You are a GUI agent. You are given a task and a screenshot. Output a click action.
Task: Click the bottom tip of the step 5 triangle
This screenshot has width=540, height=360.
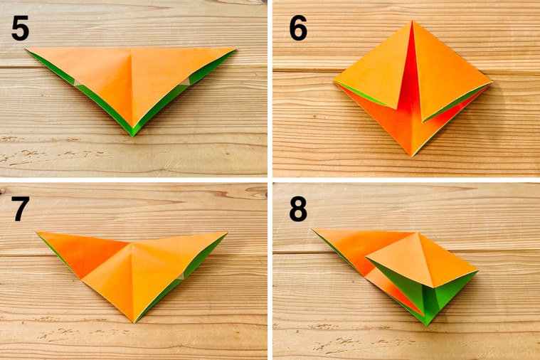pos(133,134)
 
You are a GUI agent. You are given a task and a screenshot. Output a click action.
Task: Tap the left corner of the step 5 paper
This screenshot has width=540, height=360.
pos(27,50)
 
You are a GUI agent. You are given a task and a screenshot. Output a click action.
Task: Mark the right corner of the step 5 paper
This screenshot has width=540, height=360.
pos(235,49)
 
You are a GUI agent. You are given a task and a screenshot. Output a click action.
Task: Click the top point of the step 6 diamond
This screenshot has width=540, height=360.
pos(411,21)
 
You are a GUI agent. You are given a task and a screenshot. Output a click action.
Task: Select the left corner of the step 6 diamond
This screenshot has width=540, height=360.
pos(333,81)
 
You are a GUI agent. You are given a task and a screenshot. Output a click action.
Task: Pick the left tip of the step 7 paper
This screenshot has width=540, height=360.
pos(37,233)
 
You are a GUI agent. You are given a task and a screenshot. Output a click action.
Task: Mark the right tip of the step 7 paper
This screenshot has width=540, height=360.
pos(227,233)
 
